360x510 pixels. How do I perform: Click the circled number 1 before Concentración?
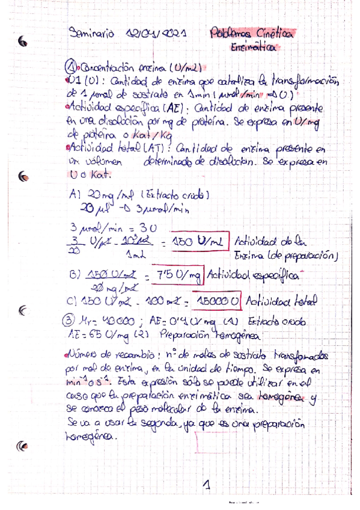tap(70, 67)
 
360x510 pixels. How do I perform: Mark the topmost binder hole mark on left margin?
tap(23, 41)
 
